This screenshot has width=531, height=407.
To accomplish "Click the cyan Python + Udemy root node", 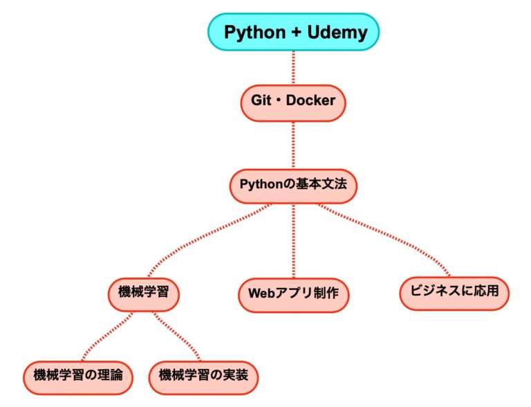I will coord(294,32).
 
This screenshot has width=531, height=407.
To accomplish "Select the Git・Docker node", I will coord(293,101).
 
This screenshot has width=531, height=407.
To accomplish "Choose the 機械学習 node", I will coord(144,292).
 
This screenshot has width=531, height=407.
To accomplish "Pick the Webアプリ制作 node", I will coord(294,293).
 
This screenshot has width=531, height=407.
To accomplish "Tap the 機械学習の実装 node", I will coord(203,375).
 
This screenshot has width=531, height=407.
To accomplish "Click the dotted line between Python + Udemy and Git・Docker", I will coord(294,67).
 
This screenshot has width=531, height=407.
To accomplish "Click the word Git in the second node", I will coord(261,101).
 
